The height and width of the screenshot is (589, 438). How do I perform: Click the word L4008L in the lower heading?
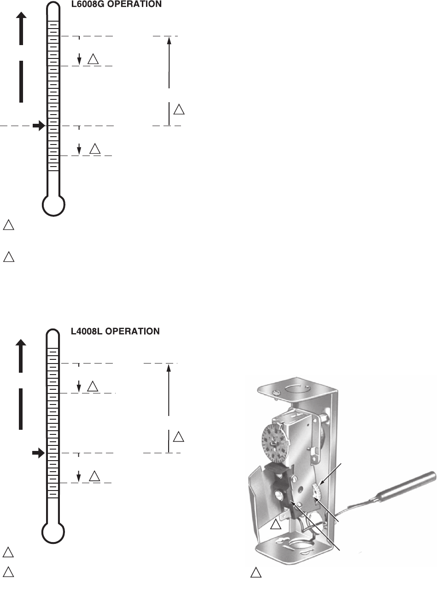click(87, 331)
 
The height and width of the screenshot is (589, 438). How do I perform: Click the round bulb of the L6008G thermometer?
click(53, 205)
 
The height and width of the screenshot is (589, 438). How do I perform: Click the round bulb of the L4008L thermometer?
click(53, 532)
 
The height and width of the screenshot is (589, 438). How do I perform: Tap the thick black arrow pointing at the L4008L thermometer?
click(39, 453)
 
